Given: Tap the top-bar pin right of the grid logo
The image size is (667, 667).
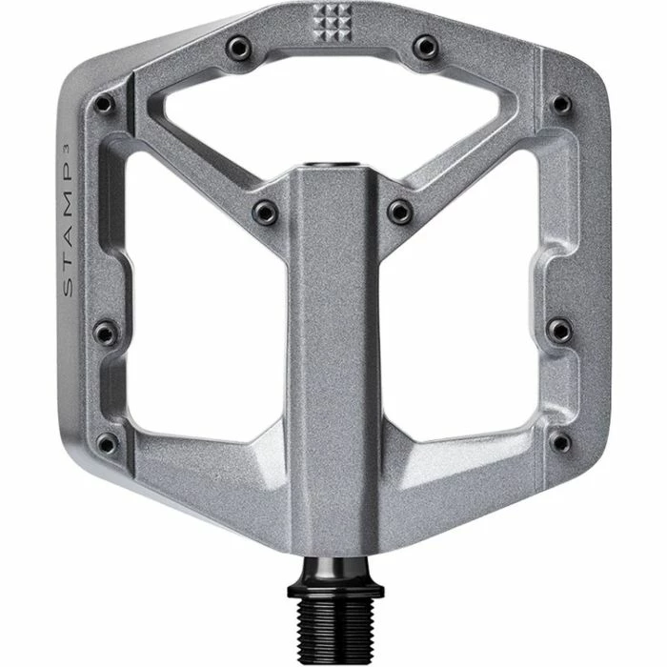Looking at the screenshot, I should click(426, 45).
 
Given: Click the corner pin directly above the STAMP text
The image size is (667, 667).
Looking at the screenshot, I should click(106, 104).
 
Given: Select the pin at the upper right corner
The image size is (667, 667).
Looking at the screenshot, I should click(562, 104).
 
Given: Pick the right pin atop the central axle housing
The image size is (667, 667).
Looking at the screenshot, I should click(400, 212).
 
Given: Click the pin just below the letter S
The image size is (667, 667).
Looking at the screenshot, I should click(106, 332).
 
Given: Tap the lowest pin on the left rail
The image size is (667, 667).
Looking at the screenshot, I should click(107, 443).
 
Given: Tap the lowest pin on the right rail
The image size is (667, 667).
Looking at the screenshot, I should click(562, 443).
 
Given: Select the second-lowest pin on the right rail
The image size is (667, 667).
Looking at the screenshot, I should click(562, 332).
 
